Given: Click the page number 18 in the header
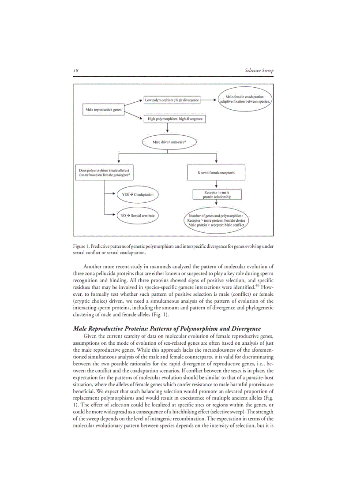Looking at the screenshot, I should [x=75, y=71].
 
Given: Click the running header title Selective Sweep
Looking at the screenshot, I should [x=259, y=71].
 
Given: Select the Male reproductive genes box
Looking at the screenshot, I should [x=102, y=109].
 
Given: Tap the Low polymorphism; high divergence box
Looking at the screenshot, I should [x=172, y=100].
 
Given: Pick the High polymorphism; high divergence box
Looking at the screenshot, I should [x=174, y=119].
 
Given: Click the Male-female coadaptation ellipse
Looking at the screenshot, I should [x=245, y=99].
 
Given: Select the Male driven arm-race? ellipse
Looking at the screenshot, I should [x=169, y=142].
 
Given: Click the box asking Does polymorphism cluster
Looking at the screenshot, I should [x=104, y=172].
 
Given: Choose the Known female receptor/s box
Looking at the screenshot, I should [x=216, y=173].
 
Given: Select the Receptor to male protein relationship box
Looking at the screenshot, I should [x=216, y=194].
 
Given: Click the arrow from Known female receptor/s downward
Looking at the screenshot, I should [x=216, y=185].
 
